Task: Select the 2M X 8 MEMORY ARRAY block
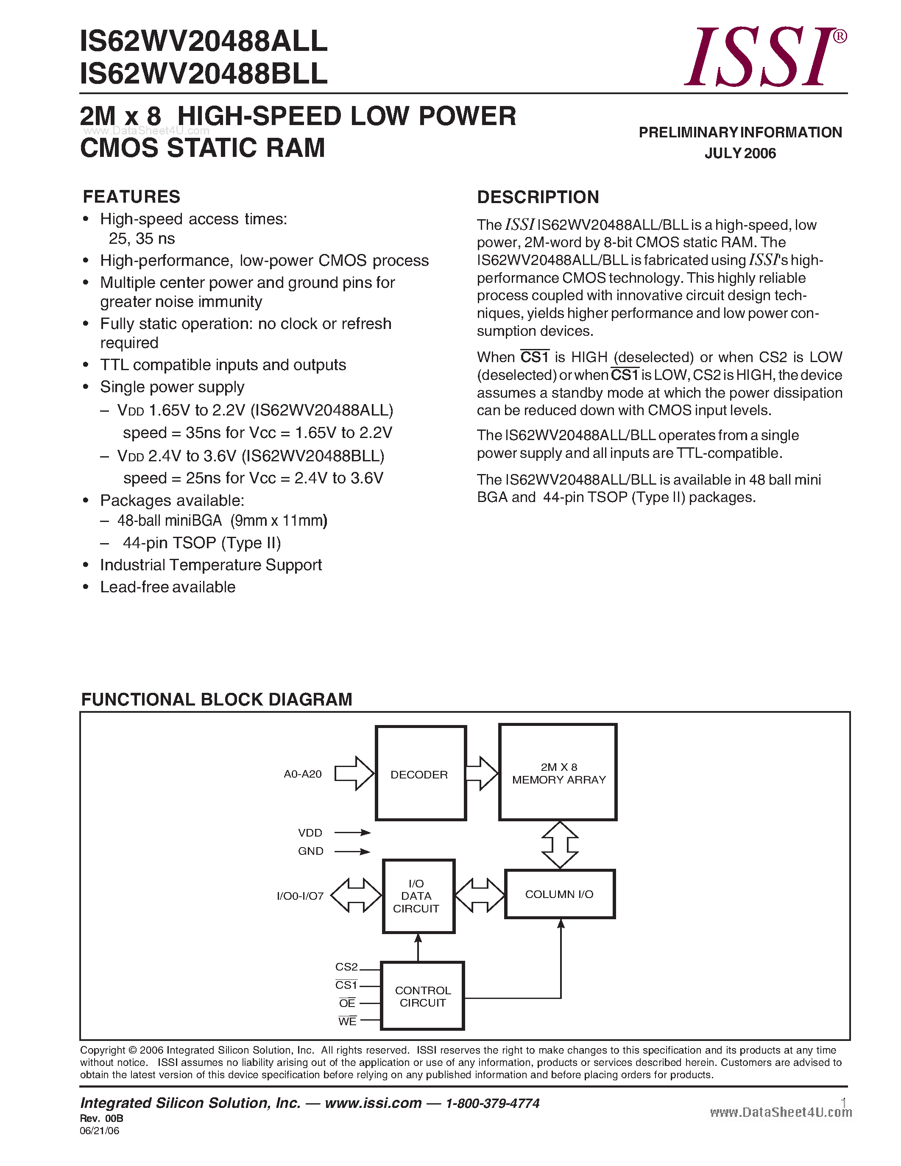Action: point(558,773)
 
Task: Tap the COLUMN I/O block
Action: point(559,894)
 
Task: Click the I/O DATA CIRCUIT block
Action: point(418,896)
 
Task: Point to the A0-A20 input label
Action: point(303,774)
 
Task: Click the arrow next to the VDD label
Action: point(352,832)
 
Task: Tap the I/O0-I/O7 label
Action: point(300,896)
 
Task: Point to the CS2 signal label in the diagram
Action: point(346,967)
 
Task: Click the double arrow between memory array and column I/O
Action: point(559,845)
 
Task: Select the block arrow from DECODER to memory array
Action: point(482,773)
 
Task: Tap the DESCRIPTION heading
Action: point(538,197)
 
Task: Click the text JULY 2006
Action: point(740,153)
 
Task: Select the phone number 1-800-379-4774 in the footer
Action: point(492,1103)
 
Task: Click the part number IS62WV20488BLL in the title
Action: point(204,74)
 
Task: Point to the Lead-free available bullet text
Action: point(167,587)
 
